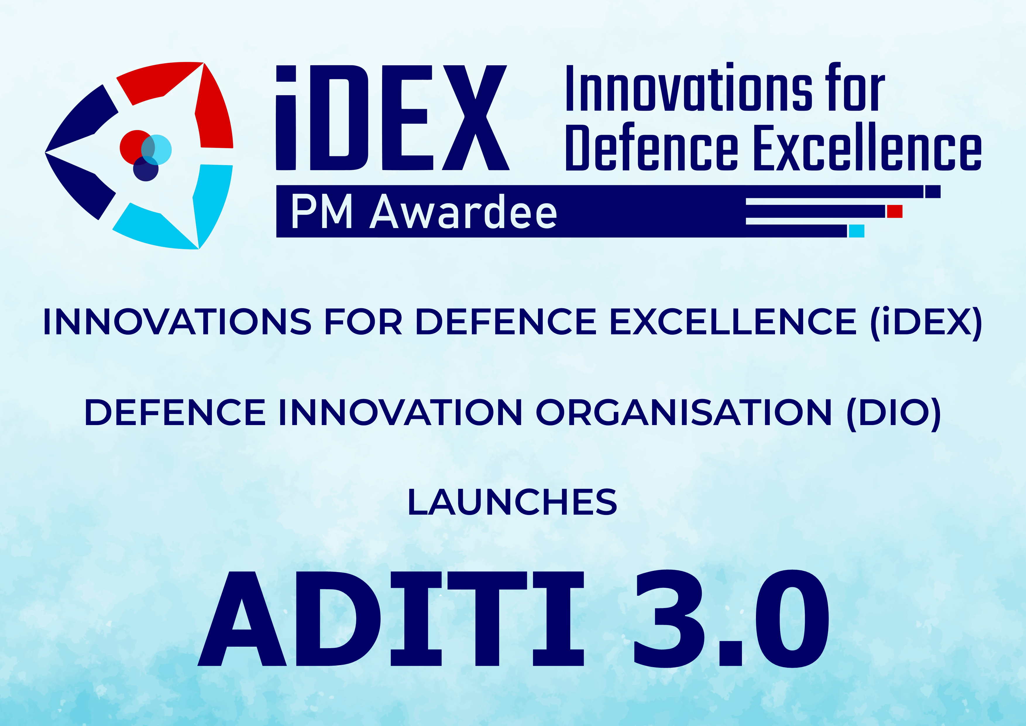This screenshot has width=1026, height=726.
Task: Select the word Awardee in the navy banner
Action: pos(463,212)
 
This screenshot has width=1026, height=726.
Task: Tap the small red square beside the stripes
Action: pos(895,211)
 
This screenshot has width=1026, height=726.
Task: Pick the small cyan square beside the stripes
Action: pos(857,231)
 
